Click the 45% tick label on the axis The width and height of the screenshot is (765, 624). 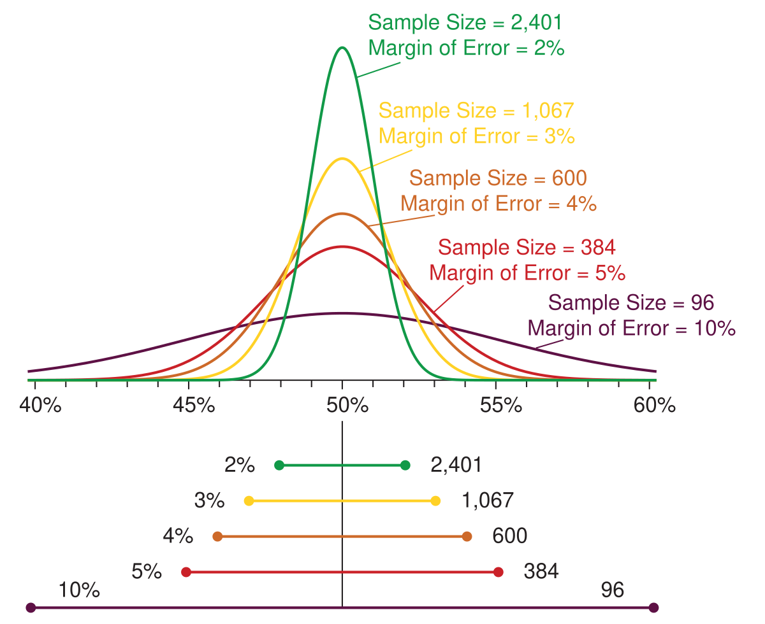194,405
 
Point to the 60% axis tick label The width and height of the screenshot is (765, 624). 654,405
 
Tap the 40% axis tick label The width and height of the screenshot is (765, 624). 40,405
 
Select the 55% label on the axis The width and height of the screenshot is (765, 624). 502,405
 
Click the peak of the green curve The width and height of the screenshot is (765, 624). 342,48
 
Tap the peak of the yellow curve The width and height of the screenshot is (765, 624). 342,159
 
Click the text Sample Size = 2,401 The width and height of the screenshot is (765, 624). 465,22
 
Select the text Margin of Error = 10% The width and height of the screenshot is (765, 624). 632,329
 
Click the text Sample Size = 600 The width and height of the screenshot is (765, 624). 498,178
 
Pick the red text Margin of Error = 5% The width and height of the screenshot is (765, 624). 527,273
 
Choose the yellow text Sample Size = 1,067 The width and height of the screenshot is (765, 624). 476,110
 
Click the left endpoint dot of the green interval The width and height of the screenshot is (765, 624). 279,465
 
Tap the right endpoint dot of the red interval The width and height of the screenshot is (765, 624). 499,572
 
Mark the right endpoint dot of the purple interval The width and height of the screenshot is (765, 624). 653,608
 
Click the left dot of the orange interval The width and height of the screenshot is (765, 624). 217,537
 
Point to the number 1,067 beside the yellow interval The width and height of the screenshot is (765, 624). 486,500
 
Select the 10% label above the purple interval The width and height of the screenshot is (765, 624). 79,590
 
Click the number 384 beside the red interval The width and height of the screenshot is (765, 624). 541,572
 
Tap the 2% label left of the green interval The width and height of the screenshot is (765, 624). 240,465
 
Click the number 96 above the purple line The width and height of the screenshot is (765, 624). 612,590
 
